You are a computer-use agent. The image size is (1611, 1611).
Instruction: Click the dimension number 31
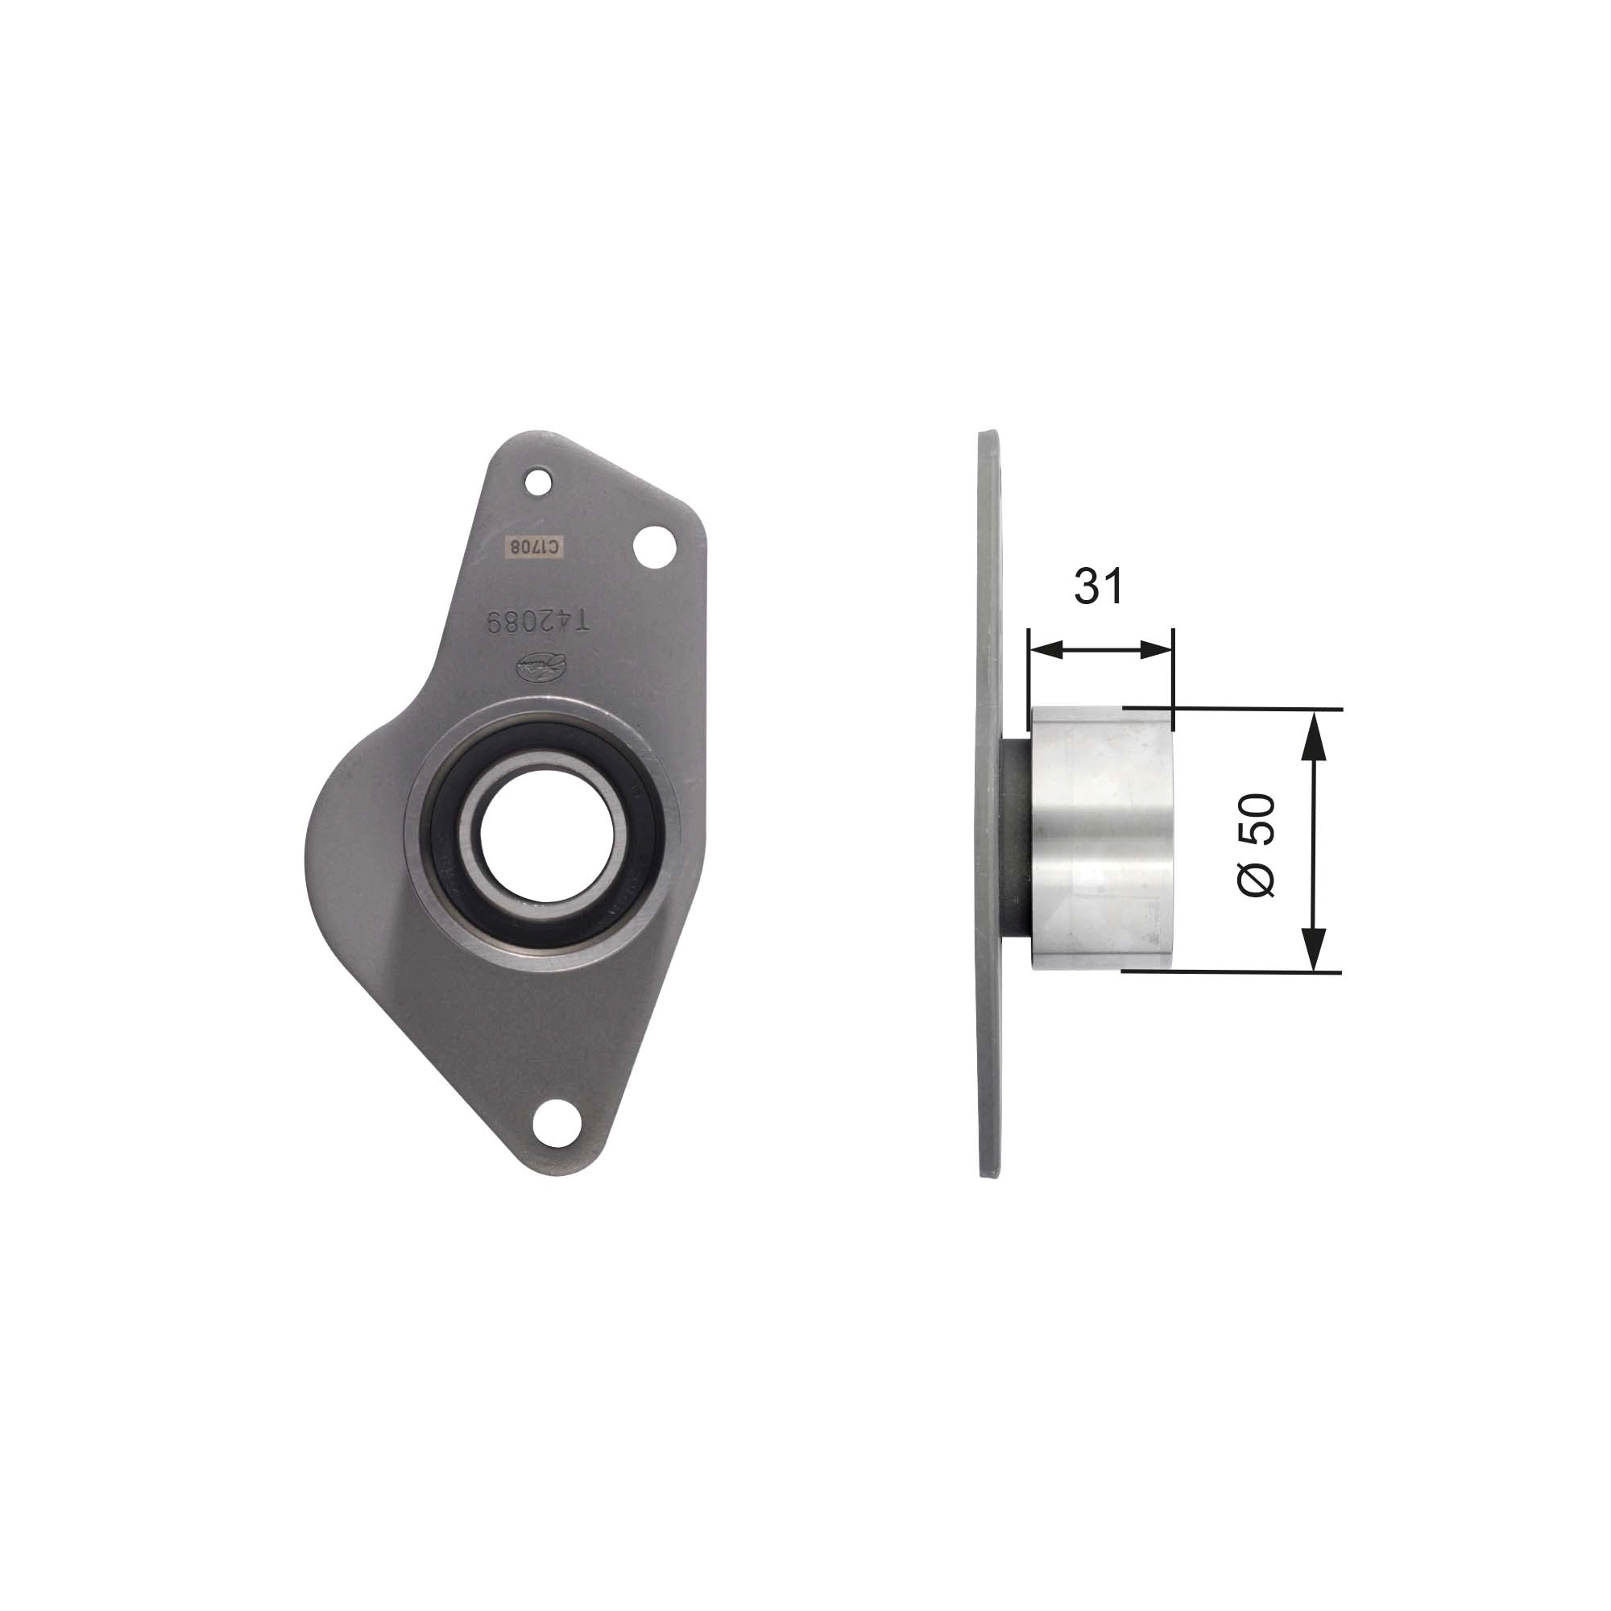pyautogui.click(x=1098, y=586)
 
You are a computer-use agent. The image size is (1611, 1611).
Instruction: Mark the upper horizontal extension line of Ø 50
pyautogui.click(x=1251, y=708)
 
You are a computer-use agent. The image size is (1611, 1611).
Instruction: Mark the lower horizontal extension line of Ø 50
pyautogui.click(x=1251, y=971)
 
